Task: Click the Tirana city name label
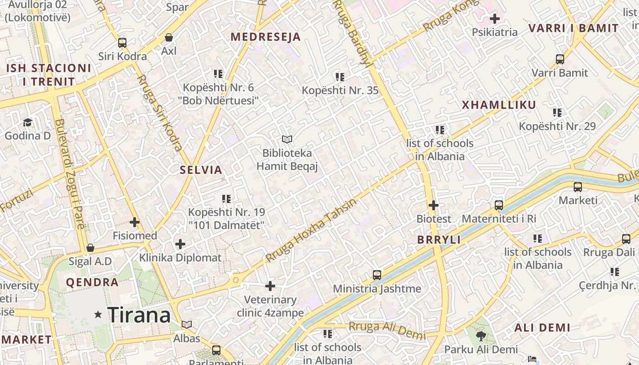(x=139, y=315)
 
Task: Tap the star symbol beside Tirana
(x=98, y=314)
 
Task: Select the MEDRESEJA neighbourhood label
(x=266, y=37)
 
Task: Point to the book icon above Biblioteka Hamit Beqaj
(x=287, y=139)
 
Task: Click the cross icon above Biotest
(x=434, y=205)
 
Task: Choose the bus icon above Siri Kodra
(x=122, y=43)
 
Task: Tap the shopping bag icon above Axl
(x=169, y=37)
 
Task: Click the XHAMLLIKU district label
(x=499, y=105)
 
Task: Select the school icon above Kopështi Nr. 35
(x=340, y=77)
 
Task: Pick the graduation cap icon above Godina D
(x=27, y=122)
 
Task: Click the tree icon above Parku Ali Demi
(x=481, y=336)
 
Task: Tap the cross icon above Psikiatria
(x=494, y=19)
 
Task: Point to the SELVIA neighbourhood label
(x=201, y=170)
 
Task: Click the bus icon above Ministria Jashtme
(x=377, y=275)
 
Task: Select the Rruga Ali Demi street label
(x=387, y=330)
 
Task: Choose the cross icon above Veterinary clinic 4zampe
(x=270, y=286)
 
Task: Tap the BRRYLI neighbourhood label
(x=439, y=240)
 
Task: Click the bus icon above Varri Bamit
(x=560, y=59)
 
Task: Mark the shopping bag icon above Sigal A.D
(x=90, y=248)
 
